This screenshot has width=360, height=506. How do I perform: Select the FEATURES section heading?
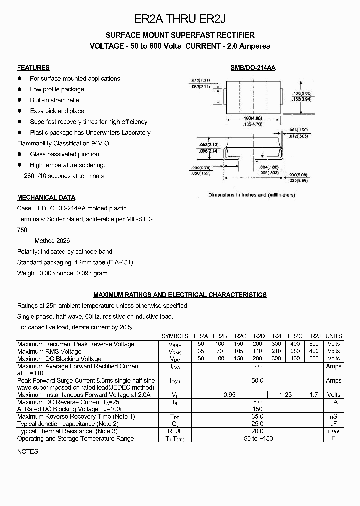coord(33,68)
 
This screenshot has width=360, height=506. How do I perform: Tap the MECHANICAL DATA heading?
coord(46,197)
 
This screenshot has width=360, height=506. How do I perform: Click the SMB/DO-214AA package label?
coord(253,68)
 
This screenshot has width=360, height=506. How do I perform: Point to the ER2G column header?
coord(295,336)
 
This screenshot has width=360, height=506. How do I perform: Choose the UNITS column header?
coord(334,336)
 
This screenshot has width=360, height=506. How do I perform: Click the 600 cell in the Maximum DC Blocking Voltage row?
coord(314,359)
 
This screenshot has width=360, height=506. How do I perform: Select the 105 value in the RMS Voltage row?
coord(238,352)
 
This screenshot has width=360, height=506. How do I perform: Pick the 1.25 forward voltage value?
coord(285,395)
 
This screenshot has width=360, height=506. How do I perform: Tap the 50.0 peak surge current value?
coord(257,381)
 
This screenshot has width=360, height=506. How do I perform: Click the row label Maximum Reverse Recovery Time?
coord(76,417)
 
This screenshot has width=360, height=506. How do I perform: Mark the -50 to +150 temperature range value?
coord(257,439)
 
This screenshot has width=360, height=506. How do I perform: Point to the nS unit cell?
coord(334,417)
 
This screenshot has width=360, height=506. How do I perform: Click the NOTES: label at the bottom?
coord(28,451)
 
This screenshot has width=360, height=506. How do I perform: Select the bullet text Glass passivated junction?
coord(64,154)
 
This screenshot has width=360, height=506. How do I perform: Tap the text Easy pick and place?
coord(57,111)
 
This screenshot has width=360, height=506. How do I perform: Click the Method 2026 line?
coord(52,241)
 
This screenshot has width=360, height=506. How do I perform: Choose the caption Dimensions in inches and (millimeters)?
coord(252,195)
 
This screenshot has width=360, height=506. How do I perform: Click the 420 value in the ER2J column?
coord(314,352)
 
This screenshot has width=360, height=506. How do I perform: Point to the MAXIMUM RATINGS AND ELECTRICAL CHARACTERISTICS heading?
coord(180,295)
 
